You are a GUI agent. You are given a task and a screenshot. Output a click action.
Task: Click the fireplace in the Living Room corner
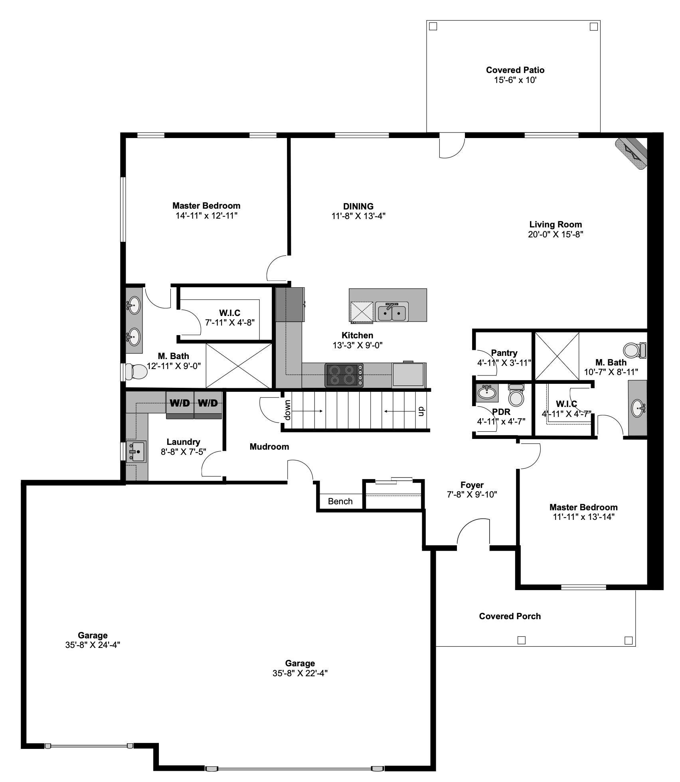coord(631,154)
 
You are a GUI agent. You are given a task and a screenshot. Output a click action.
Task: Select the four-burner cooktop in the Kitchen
coord(344,375)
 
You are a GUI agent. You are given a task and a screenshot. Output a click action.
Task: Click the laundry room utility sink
coord(136,452)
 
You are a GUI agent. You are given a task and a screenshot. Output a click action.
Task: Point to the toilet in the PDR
coord(516,396)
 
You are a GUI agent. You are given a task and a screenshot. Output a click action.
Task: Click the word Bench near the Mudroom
coord(340,502)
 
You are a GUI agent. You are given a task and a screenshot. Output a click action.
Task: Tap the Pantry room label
coord(504,353)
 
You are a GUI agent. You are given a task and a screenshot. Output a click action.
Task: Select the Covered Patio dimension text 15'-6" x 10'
coord(515,80)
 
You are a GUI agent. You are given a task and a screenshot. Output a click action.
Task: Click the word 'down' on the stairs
coord(288,410)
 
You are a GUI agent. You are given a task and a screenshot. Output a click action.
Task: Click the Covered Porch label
coord(510,616)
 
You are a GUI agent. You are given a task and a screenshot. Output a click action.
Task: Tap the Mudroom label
coord(269,446)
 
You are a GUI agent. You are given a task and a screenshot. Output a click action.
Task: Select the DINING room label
coord(358,206)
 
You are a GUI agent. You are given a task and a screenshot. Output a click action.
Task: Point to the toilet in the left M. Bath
coord(135,371)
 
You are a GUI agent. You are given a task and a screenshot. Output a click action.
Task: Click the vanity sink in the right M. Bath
coord(638,408)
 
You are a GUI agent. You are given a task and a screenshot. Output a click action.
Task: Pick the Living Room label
coord(555,224)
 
